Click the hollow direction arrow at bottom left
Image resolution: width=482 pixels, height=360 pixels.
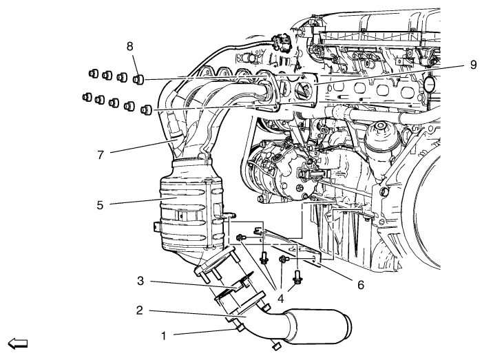[16, 342]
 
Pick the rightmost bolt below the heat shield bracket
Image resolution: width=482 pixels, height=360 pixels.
[298, 275]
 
